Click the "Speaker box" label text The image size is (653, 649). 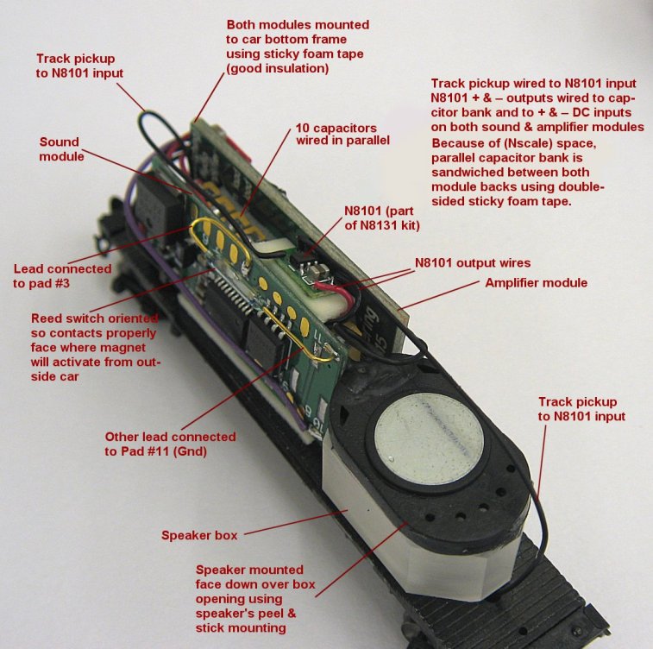click(x=199, y=535)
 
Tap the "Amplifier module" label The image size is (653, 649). click(x=536, y=283)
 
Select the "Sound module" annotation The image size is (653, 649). click(x=61, y=149)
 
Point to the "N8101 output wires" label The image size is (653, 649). click(x=473, y=263)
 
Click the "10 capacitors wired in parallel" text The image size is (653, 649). click(x=342, y=134)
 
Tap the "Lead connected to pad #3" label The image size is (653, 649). click(x=62, y=276)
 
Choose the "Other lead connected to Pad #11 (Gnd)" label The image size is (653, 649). click(x=170, y=444)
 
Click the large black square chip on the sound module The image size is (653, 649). click(x=263, y=343)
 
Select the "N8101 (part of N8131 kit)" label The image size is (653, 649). click(x=382, y=218)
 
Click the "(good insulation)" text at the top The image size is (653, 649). click(x=278, y=68)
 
